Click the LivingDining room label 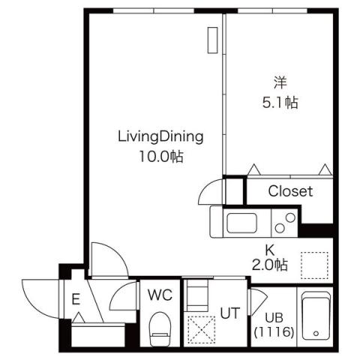pos(160,136)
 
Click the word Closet pos(289,191)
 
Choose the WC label pos(160,294)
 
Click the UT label pos(229,313)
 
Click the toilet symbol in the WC pos(160,328)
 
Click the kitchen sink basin pos(241,223)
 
